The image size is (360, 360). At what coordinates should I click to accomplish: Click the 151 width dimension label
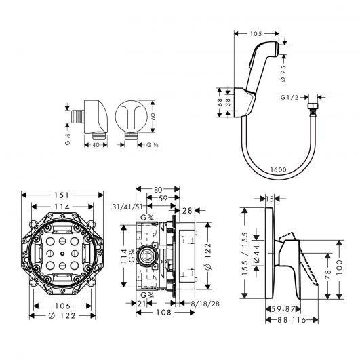[61, 195]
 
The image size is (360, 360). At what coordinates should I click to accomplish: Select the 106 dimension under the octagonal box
[62, 306]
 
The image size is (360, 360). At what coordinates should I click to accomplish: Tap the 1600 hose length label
[278, 169]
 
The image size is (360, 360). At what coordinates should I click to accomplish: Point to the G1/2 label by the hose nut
[289, 98]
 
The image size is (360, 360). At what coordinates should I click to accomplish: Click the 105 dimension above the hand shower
[256, 34]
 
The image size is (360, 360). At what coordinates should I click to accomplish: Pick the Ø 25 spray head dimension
[283, 74]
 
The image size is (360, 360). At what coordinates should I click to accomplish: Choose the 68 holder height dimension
[219, 102]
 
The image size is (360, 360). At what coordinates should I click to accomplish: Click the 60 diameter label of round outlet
[153, 116]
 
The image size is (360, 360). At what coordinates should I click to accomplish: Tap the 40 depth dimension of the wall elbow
[96, 145]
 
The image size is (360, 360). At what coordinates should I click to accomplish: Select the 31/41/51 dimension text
[127, 207]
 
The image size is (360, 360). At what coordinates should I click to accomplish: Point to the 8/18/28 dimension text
[205, 304]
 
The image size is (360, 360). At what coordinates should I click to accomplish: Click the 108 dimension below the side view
[163, 313]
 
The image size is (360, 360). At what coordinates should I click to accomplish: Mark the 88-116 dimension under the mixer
[292, 320]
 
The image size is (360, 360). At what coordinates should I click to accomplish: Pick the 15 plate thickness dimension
[270, 199]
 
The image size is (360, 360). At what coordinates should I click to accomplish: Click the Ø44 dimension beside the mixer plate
[256, 254]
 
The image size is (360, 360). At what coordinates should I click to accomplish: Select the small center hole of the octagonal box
[62, 254]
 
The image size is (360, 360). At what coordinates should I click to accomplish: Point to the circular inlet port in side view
[147, 256]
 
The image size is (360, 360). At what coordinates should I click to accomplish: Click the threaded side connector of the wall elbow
[78, 116]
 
